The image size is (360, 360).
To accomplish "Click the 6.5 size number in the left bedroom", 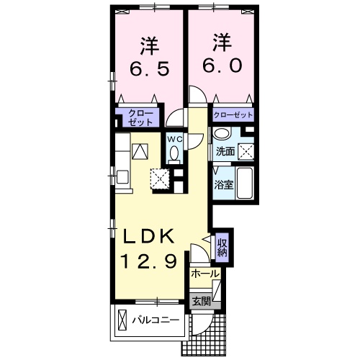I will (150, 70).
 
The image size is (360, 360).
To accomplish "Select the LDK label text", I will (153, 238).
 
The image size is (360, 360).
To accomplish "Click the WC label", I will (175, 138).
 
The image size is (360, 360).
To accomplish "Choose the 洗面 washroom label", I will (225, 151).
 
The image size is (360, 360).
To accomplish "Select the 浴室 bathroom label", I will (223, 184).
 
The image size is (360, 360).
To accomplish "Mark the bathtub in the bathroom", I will (245, 183).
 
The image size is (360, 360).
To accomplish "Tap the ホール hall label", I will (205, 274).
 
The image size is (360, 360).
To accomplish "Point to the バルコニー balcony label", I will (155, 320).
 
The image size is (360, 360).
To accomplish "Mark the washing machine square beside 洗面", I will (246, 150).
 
